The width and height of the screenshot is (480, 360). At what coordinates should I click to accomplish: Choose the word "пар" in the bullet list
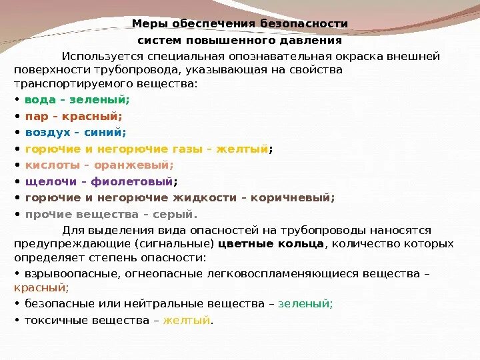[x=34, y=116]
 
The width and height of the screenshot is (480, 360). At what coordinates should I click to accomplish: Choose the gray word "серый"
[x=179, y=214]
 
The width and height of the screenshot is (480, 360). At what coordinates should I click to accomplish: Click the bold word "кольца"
[x=299, y=243]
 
